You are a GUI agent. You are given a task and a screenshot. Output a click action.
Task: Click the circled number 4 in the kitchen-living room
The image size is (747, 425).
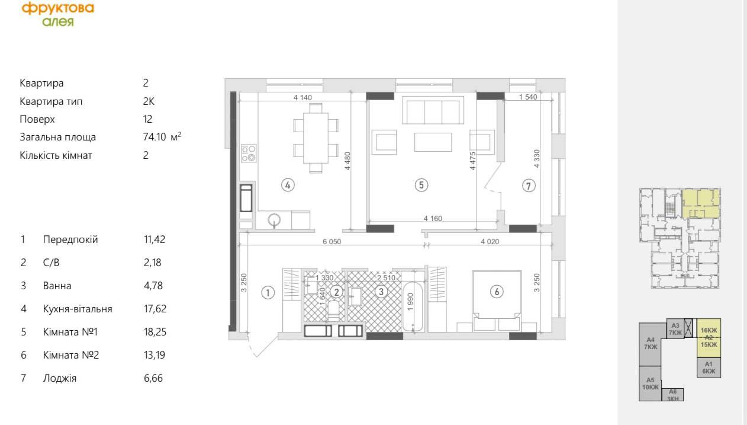tap(288, 185)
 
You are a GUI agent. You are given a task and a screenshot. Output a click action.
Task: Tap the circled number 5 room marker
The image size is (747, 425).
tap(421, 185)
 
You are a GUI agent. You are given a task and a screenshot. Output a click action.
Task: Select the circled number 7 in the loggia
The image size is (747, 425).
tap(529, 186)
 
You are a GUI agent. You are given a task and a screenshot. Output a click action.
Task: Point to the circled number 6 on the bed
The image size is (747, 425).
tap(497, 292)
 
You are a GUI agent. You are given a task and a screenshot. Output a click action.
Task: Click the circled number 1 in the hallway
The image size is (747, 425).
tap(268, 293)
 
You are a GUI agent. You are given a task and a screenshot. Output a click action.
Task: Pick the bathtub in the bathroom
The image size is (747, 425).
tap(413, 306)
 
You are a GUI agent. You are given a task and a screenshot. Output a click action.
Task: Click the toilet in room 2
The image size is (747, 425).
tap(333, 311)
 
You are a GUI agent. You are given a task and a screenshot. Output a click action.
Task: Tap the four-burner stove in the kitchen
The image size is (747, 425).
tap(249, 154)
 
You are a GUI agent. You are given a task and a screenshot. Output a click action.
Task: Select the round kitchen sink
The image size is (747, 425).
tap(274, 220)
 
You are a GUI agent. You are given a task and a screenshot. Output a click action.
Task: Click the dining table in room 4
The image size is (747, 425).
tap(315, 138)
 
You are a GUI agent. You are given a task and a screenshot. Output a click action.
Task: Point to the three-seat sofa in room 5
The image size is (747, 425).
tap(433, 110)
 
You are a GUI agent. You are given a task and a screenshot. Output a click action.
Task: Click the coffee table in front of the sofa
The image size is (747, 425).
tap(433, 142)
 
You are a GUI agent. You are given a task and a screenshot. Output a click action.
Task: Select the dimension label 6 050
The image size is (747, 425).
tap(332, 242)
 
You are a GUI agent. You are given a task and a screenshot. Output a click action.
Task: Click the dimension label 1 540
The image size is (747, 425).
tap(528, 97)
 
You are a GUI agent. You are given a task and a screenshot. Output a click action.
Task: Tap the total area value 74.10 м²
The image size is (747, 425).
tap(162, 136)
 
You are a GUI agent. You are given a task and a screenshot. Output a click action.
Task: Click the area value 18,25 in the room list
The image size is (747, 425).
tap(155, 332)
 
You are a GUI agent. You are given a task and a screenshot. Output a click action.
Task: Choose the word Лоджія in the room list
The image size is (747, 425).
tap(60, 378)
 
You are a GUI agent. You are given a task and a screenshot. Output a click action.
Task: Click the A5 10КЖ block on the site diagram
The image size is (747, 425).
tap(651, 384)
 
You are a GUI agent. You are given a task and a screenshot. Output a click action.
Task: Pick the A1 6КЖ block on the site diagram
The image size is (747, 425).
tap(709, 368)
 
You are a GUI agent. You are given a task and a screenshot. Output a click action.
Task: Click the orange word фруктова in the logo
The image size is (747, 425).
tap(58, 8)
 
